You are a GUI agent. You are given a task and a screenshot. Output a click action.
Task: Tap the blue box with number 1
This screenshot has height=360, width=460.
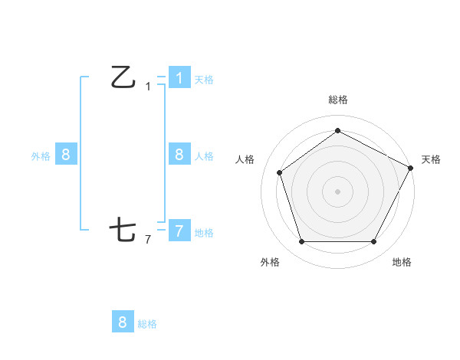point(179,78)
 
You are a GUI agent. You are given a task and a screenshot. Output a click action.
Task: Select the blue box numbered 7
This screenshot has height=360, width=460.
point(179,231)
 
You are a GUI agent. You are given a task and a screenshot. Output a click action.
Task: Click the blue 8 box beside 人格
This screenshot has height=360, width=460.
point(179,155)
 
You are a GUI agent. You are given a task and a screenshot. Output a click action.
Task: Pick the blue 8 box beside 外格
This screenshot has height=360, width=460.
point(66,155)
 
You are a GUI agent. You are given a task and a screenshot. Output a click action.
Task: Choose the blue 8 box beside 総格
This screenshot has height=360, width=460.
point(123,322)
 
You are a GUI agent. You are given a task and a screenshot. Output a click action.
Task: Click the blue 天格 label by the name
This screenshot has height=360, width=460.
point(204,80)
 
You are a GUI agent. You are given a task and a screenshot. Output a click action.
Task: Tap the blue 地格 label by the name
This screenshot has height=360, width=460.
point(204,233)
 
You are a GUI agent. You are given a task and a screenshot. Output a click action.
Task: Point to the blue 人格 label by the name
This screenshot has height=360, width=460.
point(204,156)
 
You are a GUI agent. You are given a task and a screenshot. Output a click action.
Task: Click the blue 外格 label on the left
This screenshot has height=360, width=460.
point(41,156)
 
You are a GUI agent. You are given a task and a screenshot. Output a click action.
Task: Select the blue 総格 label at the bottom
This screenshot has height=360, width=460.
point(147,324)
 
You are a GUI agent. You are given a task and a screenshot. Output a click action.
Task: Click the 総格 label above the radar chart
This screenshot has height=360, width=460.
point(337,100)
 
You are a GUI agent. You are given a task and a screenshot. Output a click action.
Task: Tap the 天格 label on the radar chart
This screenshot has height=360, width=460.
point(431,159)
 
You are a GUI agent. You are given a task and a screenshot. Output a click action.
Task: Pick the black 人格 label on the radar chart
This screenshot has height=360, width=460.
point(245,159)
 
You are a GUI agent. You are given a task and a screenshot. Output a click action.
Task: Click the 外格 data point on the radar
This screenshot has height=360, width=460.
point(301,242)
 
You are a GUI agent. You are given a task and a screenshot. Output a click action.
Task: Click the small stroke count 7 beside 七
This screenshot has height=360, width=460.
point(148,240)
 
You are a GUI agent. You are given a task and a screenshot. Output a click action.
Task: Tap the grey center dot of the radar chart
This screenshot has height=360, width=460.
point(337,191)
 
